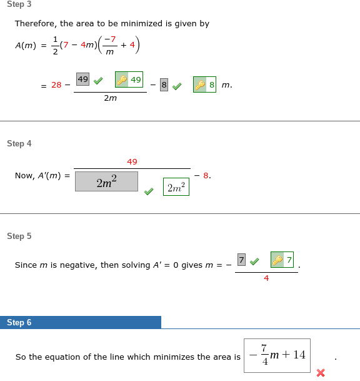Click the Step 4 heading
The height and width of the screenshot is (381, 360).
[19, 143]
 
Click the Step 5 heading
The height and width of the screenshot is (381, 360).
[19, 236]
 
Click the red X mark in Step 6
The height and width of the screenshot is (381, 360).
[321, 373]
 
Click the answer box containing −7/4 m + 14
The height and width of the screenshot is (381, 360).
[277, 355]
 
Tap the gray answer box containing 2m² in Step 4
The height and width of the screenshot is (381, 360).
[106, 181]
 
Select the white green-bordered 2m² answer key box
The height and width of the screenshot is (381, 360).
[176, 186]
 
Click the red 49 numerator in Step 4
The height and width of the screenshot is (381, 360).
[132, 161]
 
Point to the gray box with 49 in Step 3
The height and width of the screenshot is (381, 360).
[82, 79]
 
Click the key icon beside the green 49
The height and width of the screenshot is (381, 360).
[122, 80]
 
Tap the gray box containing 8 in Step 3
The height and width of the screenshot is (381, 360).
[164, 85]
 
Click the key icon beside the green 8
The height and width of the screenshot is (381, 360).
[200, 85]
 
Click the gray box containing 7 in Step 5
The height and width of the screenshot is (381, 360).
[242, 258]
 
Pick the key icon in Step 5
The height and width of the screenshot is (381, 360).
[277, 259]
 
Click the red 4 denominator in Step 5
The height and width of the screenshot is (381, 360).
[266, 278]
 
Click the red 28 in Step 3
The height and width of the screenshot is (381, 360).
[56, 85]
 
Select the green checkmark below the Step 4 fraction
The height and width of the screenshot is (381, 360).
[148, 191]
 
